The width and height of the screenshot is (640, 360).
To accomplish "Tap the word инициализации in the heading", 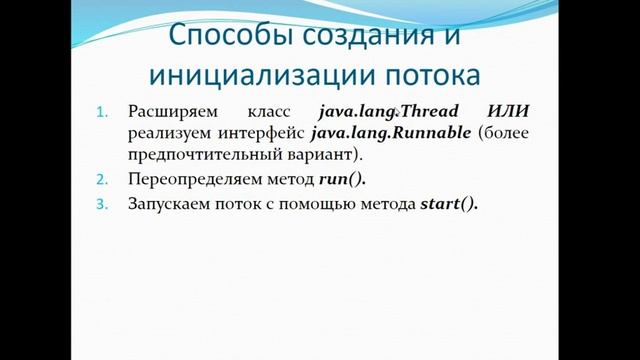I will (x=253, y=77).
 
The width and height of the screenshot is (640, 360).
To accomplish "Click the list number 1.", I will (x=112, y=112).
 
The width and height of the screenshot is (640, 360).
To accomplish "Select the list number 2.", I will (x=112, y=180).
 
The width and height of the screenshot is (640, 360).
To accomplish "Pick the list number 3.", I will (x=112, y=203).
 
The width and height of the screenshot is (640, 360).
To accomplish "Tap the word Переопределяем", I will (x=188, y=180).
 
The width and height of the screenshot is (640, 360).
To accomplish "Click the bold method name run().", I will (x=342, y=180).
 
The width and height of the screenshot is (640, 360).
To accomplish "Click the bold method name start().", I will (x=449, y=203).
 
